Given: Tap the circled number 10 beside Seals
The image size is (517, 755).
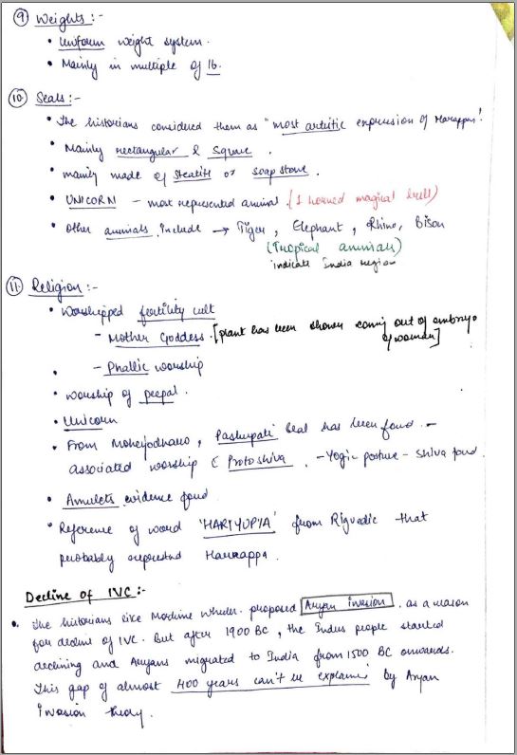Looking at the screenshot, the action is pyautogui.click(x=19, y=98).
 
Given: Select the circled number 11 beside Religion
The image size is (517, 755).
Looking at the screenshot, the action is pyautogui.click(x=19, y=285).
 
